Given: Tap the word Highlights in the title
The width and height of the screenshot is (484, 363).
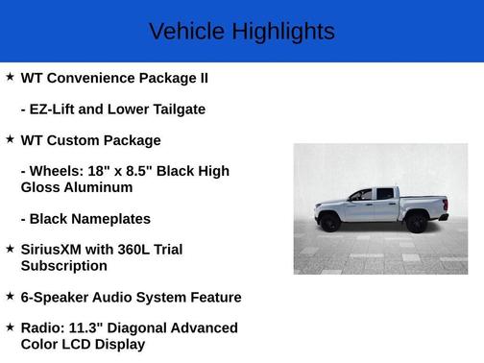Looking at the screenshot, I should [282, 32].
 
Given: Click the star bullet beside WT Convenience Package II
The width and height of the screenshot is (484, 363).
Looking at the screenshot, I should [10, 76].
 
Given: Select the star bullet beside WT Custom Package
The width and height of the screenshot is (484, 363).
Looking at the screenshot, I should [10, 139].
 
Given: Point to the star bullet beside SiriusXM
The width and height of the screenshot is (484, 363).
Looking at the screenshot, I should [10, 249].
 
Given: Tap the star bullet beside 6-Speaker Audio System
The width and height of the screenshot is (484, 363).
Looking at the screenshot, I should [10, 296].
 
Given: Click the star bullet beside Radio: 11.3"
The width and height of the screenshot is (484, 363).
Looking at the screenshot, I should [10, 327].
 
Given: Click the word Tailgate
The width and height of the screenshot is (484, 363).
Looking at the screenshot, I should [175, 109].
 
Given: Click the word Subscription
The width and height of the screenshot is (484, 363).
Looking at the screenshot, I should [64, 266].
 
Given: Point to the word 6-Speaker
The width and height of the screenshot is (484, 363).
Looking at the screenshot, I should [56, 298].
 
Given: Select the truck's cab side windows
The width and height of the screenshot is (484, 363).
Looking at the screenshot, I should [375, 194].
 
